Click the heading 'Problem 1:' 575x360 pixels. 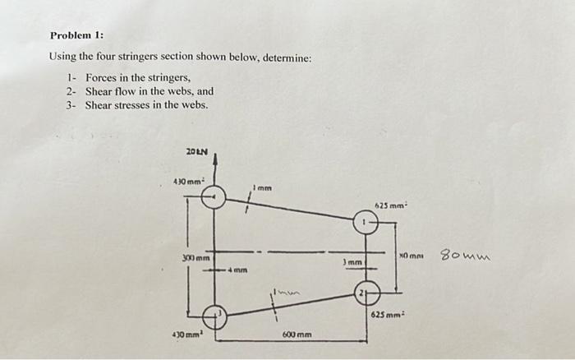pos(76,36)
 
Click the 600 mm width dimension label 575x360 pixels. pos(295,335)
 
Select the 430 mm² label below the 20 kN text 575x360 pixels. pos(186,181)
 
